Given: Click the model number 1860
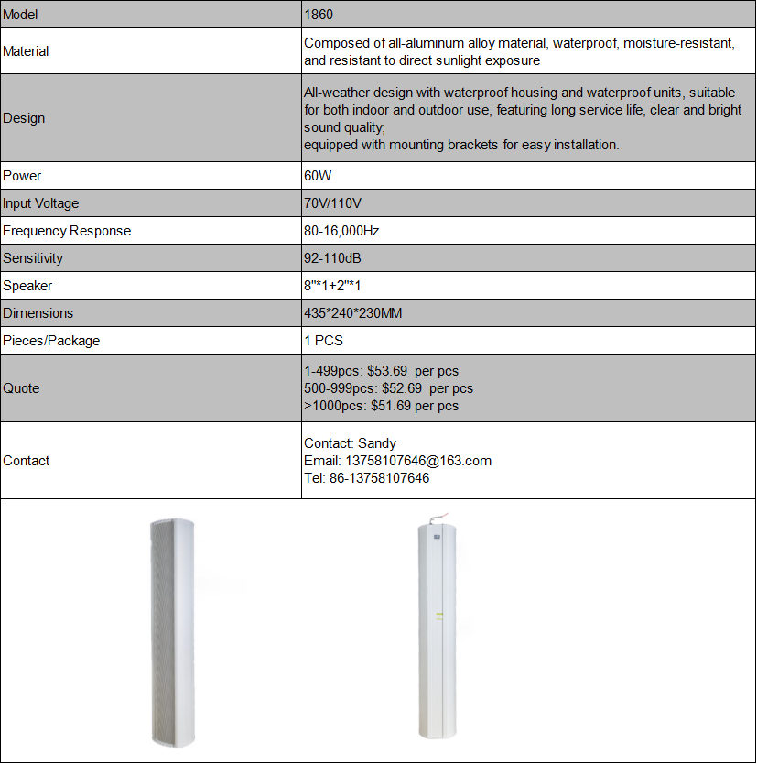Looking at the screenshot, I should tap(318, 15).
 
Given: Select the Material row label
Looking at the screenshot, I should tap(26, 51).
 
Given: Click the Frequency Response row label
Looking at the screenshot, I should tap(67, 231).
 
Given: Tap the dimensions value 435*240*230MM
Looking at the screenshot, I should tap(353, 313).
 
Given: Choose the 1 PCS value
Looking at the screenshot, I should tap(324, 341).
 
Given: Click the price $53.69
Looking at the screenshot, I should tap(387, 371).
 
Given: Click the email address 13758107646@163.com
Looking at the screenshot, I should tap(417, 461).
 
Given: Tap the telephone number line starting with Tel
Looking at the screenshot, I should tap(366, 478).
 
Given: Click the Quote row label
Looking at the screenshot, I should tap(21, 388).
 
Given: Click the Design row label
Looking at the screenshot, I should tap(24, 118).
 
